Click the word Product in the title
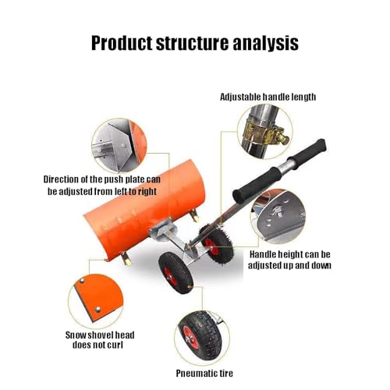[122, 43]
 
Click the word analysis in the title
[265, 43]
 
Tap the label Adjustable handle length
[268, 97]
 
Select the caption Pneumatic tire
[204, 374]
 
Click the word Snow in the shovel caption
[76, 335]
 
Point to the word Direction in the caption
[61, 179]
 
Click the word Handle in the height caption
[263, 254]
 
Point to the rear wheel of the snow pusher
[215, 243]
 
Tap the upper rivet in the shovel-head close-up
[82, 281]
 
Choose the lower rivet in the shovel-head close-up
[97, 309]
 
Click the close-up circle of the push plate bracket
[119, 146]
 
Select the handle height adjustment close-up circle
[278, 217]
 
